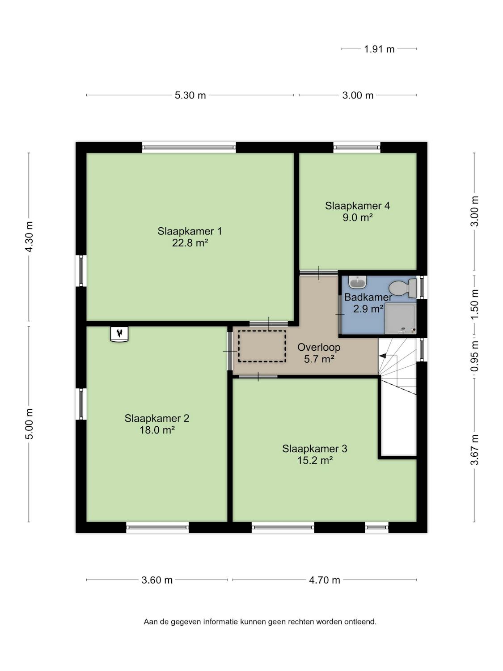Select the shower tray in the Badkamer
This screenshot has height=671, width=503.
(401, 319)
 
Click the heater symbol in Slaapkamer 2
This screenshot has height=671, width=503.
(119, 334)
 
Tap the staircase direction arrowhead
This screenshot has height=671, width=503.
(382, 356)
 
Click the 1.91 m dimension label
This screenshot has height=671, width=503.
(379, 49)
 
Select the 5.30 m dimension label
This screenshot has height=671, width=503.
(190, 95)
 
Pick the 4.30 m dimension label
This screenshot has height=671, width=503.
(30, 237)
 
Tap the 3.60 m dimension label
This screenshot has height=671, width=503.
(157, 580)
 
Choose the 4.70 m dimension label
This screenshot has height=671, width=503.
(324, 580)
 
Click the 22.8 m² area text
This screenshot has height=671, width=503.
(190, 243)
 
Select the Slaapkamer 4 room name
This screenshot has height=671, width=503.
(357, 206)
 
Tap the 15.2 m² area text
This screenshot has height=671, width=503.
(315, 460)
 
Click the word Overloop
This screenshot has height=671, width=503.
(319, 347)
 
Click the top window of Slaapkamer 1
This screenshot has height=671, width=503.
(189, 148)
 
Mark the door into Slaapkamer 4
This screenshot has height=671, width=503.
(319, 272)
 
